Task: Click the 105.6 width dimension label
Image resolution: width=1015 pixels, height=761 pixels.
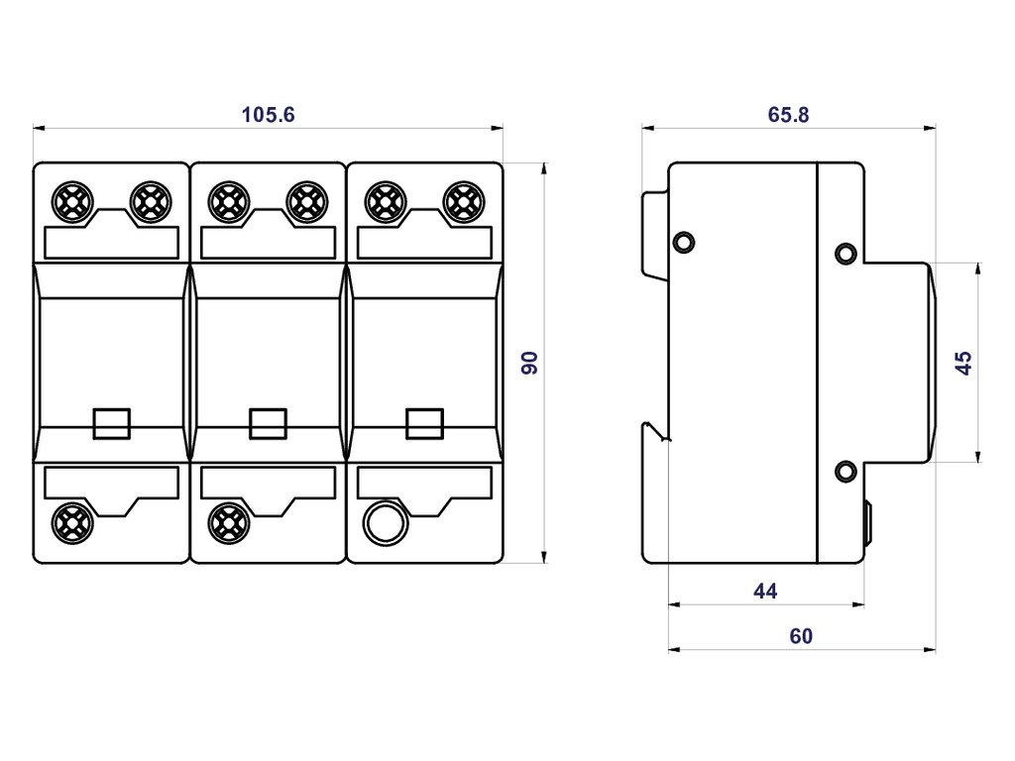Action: point(268,115)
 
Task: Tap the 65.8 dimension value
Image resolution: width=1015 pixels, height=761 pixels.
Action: point(788,115)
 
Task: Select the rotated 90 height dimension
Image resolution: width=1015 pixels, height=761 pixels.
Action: point(529,363)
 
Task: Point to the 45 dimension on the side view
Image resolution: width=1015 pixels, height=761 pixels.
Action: point(963,363)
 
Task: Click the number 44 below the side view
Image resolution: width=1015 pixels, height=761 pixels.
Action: point(765,592)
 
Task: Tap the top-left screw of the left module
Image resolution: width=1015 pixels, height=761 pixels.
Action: point(72,201)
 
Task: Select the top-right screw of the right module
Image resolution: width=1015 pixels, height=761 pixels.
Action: point(460,201)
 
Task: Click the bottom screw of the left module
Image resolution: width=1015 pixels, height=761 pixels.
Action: point(72,518)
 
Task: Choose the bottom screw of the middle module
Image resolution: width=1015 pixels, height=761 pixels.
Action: point(228,518)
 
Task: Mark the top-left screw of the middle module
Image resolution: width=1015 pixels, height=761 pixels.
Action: point(228,201)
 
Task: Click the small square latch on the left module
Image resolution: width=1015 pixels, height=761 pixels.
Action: point(111,423)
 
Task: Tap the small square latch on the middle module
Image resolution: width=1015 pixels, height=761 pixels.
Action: point(268,423)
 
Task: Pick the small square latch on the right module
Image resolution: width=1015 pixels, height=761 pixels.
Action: point(424,423)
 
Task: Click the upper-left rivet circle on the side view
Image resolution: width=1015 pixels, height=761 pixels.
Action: point(684,242)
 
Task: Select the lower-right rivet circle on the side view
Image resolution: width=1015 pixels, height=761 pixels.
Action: point(846,471)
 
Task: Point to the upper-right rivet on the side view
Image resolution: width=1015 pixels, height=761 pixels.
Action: point(846,254)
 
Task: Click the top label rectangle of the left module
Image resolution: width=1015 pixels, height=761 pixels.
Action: point(111,243)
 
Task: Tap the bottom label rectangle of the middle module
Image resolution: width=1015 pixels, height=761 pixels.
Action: point(268,482)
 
